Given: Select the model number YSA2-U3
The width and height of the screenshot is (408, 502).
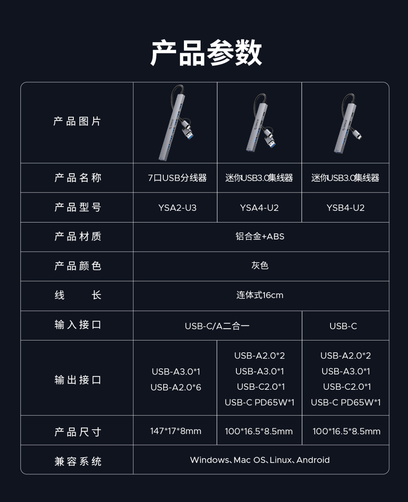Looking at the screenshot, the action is (x=177, y=207).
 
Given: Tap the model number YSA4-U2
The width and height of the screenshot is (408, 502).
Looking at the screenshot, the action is (x=259, y=207).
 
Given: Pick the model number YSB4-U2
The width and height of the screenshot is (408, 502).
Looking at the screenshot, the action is (x=345, y=207).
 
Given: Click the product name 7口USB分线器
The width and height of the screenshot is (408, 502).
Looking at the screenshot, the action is (x=177, y=178).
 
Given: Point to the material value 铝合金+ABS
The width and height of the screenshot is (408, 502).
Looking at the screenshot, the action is (x=260, y=236).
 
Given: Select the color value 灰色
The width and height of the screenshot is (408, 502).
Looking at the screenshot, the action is (x=260, y=266).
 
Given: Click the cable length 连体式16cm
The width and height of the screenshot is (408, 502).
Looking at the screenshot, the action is (x=260, y=295).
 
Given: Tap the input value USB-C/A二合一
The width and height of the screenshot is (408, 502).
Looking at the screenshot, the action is (x=217, y=326).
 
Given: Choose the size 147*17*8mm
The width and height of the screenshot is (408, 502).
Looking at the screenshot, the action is (x=176, y=431).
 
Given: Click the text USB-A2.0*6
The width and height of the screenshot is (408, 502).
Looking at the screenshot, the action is (x=176, y=387).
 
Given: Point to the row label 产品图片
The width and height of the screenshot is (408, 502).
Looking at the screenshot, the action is (x=77, y=121).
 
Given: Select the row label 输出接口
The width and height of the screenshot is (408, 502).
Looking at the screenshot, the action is (x=78, y=380).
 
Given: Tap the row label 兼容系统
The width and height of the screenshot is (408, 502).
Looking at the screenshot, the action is (x=78, y=461).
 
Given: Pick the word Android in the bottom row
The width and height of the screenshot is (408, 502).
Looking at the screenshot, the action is (x=313, y=460).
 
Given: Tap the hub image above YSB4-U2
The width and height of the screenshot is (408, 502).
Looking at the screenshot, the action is (x=348, y=123).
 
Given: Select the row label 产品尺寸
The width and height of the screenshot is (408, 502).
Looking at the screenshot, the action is (x=78, y=432).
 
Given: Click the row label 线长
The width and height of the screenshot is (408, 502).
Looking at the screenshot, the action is (x=78, y=295).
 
